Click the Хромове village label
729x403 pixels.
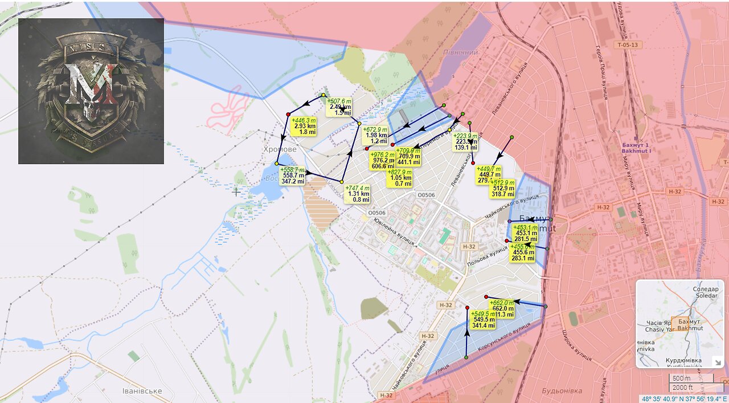coord(280,149)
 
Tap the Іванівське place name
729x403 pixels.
coord(142,391)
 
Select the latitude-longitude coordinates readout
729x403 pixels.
coord(684,399)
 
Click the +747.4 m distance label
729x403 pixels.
coord(358,194)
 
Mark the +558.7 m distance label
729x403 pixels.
coord(293,176)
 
